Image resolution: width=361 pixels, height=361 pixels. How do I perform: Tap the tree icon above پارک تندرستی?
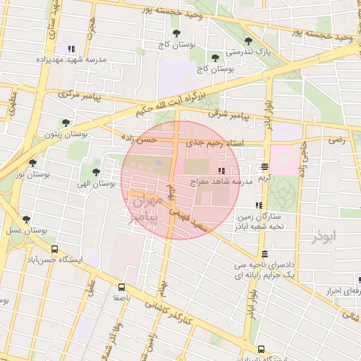pos(247,41)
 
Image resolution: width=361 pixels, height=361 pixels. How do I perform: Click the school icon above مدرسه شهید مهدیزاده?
pos(71,49)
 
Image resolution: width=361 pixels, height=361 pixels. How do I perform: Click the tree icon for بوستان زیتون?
pos(66,123)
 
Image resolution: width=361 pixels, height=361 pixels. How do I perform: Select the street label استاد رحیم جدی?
pos(214,144)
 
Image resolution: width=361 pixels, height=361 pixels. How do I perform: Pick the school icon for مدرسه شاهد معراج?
pos(221,171)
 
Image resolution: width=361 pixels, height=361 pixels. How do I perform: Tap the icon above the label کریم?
pos(264,167)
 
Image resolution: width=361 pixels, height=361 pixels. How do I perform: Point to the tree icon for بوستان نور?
pos(32,163)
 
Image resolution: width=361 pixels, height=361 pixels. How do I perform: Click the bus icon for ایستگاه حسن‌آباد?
pos(55,249)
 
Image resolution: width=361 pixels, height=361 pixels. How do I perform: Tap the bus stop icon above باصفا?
pos(122,287)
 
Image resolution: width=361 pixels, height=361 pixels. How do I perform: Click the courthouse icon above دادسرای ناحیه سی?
pos(264,255)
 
